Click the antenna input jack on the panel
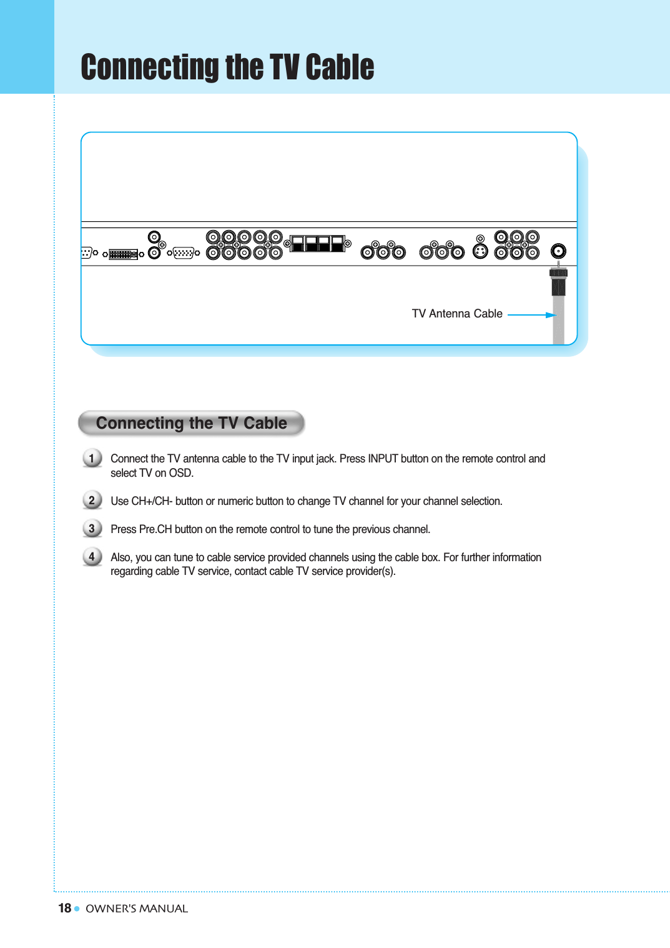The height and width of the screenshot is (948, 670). click(x=558, y=251)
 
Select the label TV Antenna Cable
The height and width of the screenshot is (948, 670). click(x=457, y=314)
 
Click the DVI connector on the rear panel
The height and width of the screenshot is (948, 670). click(x=123, y=254)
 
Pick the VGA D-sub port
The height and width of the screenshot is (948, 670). click(x=184, y=253)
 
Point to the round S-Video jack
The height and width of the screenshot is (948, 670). click(x=480, y=251)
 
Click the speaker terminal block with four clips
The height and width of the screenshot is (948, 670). click(x=318, y=244)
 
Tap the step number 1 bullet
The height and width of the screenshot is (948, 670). click(x=92, y=459)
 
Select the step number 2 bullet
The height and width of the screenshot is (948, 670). click(x=92, y=500)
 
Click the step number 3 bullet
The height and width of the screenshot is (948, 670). click(x=92, y=529)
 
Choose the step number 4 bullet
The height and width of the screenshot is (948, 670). click(x=92, y=556)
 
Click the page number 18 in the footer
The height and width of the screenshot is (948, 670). click(x=64, y=908)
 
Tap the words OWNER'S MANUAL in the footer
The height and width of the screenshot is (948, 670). click(x=137, y=909)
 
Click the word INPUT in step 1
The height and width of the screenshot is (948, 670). click(x=383, y=459)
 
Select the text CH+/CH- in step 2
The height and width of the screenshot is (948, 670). click(x=151, y=501)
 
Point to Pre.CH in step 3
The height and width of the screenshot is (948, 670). click(x=155, y=529)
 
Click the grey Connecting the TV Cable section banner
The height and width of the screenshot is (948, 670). click(x=191, y=423)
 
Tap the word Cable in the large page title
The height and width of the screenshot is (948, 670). click(x=340, y=67)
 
